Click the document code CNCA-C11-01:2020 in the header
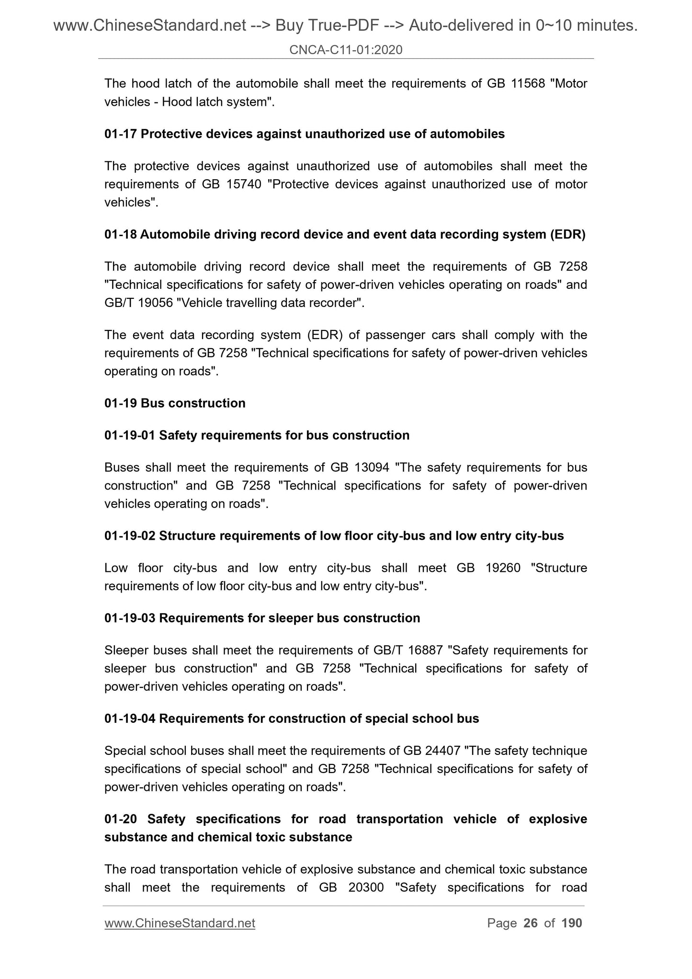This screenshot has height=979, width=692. [x=346, y=49]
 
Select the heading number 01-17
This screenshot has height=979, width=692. [x=121, y=134]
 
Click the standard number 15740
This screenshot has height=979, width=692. [x=242, y=184]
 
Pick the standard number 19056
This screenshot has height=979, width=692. [x=153, y=303]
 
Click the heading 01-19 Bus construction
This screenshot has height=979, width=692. [x=175, y=403]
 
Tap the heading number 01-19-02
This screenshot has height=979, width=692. [x=130, y=536]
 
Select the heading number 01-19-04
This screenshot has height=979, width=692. [x=130, y=719]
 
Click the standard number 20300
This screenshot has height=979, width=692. [x=366, y=888]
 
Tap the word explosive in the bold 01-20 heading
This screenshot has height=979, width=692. [x=558, y=819]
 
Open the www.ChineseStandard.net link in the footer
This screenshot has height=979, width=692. [x=180, y=923]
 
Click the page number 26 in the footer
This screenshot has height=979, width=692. [x=531, y=923]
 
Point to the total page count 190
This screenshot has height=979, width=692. [x=571, y=923]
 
